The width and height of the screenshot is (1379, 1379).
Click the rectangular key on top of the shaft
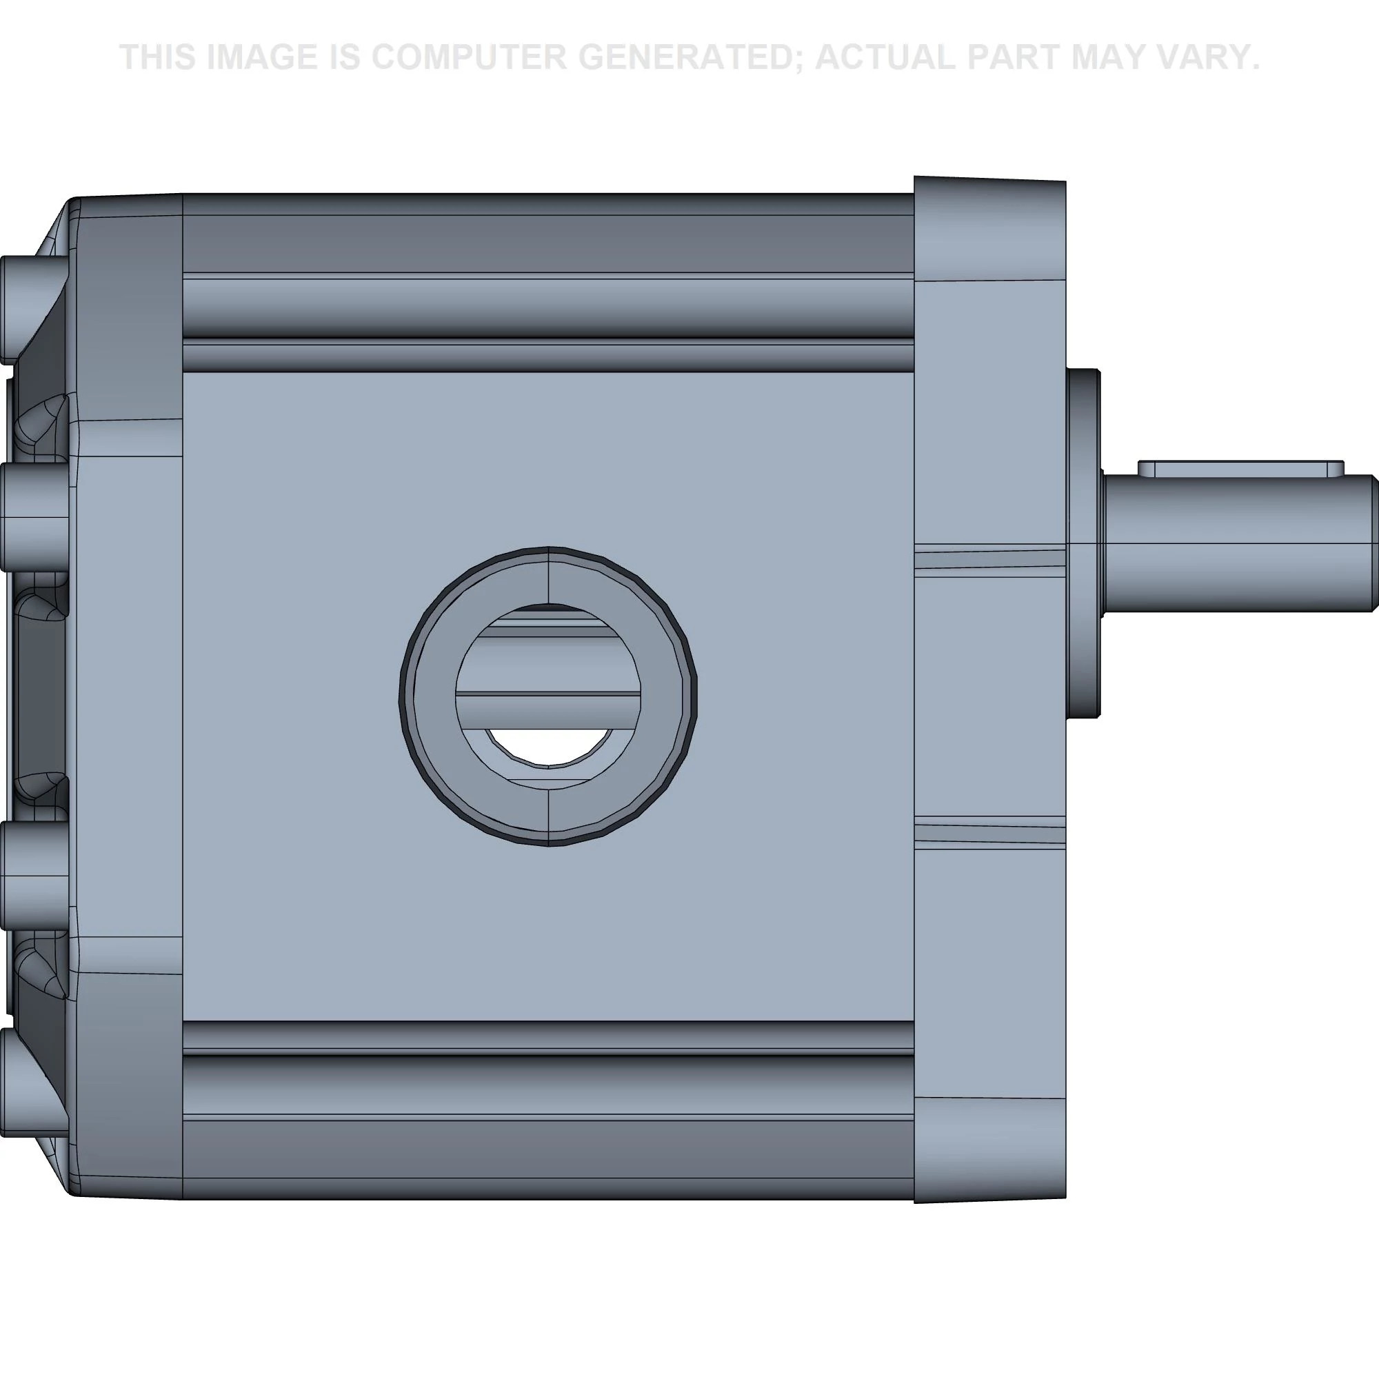(x=1240, y=469)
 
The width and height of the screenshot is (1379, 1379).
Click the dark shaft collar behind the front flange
(x=1083, y=543)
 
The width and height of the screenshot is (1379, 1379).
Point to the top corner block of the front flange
(x=989, y=228)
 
